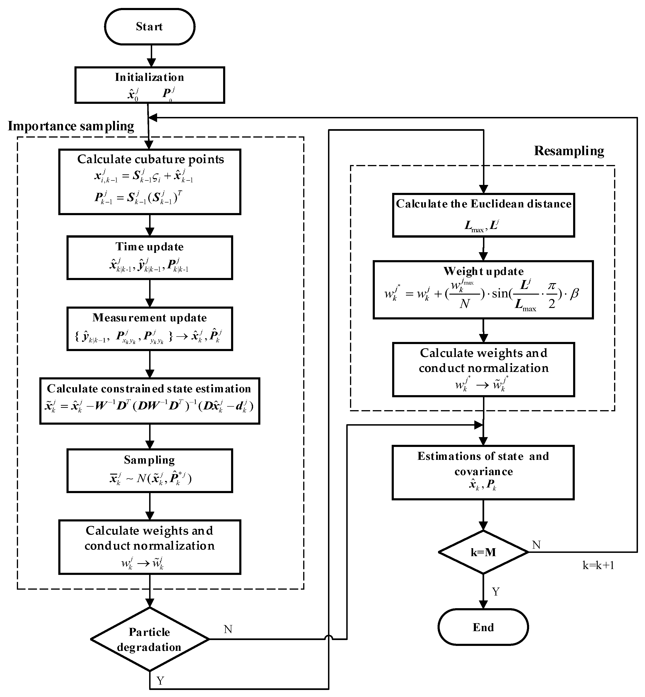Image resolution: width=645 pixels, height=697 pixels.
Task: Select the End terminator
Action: click(x=483, y=627)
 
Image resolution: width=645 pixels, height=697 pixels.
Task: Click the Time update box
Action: click(x=150, y=258)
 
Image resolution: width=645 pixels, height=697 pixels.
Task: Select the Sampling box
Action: click(x=150, y=471)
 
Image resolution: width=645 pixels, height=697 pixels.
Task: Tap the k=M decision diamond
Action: click(x=483, y=552)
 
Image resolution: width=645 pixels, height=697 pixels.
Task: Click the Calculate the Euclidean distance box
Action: click(x=483, y=215)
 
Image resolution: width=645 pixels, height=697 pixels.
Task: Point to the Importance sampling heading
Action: click(x=71, y=126)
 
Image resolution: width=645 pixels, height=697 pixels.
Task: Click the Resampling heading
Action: click(x=569, y=151)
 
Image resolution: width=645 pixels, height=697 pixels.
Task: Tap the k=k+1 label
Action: click(x=598, y=565)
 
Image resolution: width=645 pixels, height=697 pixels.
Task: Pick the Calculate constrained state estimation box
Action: click(x=150, y=401)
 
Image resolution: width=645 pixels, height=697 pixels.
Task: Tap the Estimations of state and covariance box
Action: click(x=483, y=472)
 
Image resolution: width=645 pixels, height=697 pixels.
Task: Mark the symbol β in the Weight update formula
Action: click(x=574, y=293)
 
